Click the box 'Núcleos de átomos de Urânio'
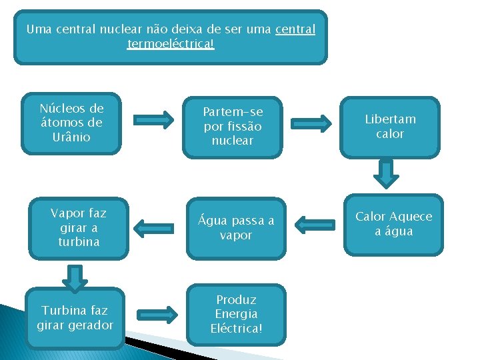[x=71, y=123]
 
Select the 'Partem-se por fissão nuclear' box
[x=233, y=127]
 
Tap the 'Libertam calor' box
[x=390, y=127]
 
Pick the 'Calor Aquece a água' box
[x=393, y=225]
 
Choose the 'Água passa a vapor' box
[x=235, y=228]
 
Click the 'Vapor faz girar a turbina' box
[x=79, y=228]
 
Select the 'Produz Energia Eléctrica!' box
[x=237, y=314]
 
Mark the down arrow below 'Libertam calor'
[x=385, y=173]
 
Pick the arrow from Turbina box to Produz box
[x=154, y=314]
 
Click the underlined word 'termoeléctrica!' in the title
[x=171, y=44]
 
